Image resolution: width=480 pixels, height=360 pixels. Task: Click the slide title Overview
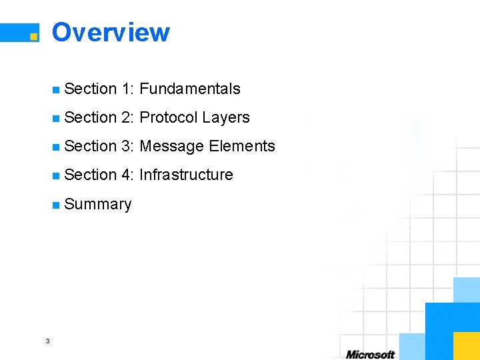pos(111,32)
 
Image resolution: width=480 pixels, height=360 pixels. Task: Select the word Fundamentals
pos(190,89)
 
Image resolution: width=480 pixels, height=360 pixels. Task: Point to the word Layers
pos(226,117)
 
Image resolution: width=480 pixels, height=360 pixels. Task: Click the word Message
pos(172,146)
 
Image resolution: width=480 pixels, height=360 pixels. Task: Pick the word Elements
pos(242,146)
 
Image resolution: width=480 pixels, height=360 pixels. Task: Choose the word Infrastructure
pos(186,175)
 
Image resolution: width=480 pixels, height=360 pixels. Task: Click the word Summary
pos(98,204)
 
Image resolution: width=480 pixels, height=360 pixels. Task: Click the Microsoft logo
pos(370,354)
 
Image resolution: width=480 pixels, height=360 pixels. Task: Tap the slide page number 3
pos(47,341)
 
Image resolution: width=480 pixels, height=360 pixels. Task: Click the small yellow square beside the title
pos(34,37)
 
